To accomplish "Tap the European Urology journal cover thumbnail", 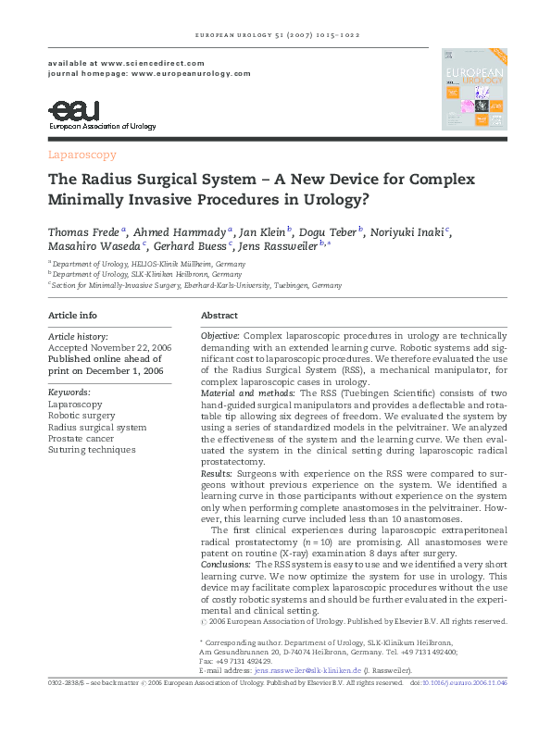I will [x=475, y=89].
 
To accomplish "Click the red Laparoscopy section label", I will [x=81, y=155].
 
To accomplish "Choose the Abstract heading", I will [x=219, y=316].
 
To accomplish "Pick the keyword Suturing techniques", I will [x=92, y=450].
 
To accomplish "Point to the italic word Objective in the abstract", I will [x=220, y=333].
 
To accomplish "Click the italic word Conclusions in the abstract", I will [x=226, y=564].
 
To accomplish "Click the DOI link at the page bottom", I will [x=468, y=682].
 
